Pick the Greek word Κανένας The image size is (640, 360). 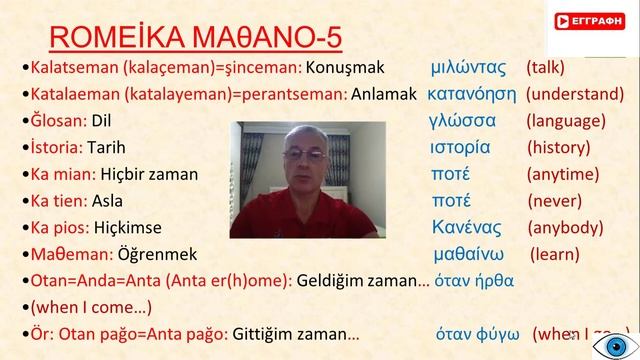[466, 225]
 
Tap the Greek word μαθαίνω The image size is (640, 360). [474, 252]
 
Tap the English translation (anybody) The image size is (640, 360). [567, 225]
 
